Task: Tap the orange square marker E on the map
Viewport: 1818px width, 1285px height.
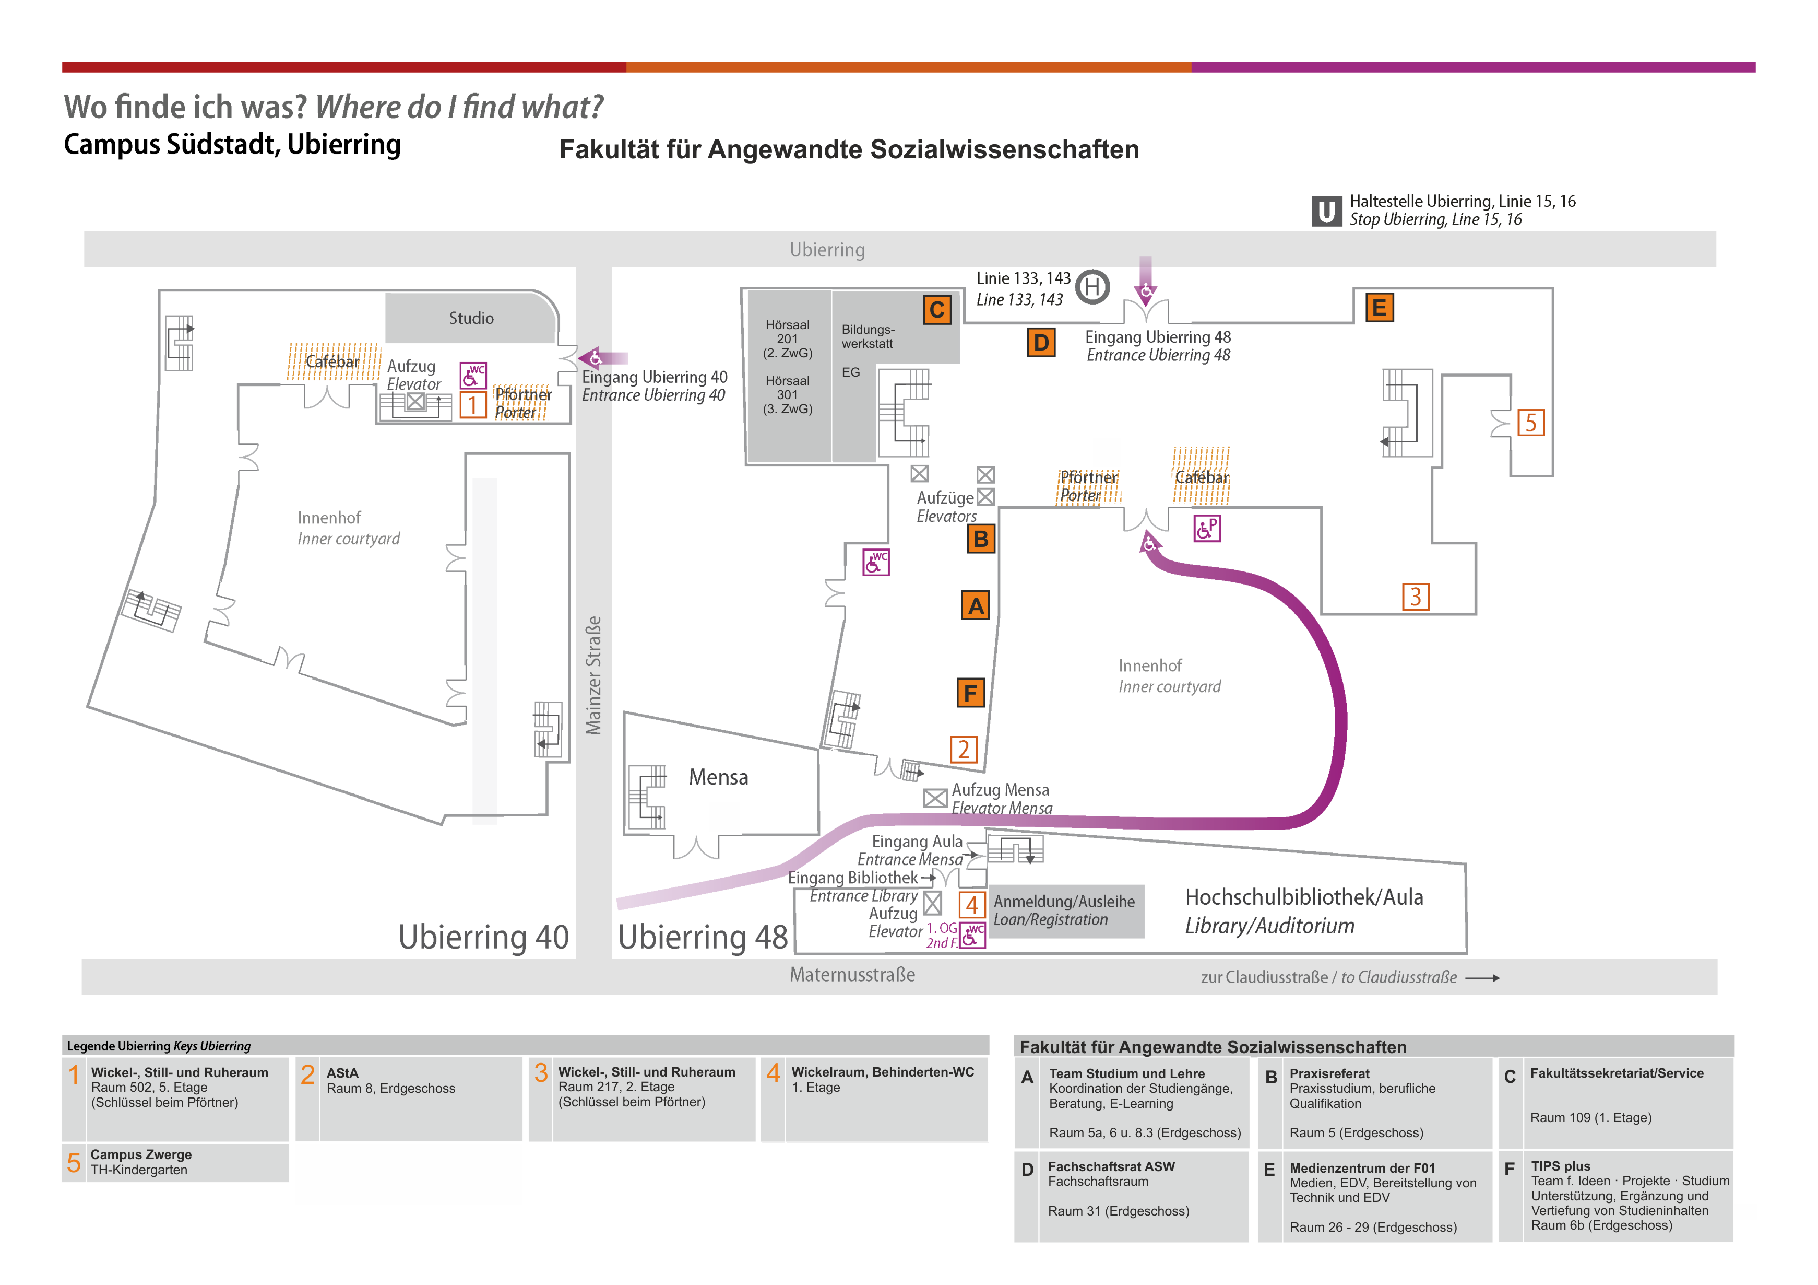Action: (x=1379, y=307)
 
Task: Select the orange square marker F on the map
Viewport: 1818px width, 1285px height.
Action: (x=970, y=693)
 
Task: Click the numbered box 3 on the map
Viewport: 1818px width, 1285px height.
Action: (x=1415, y=597)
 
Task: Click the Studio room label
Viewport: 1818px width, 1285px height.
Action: (x=471, y=318)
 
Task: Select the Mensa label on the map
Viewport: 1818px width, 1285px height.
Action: (x=718, y=777)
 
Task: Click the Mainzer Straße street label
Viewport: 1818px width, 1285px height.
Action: (x=593, y=675)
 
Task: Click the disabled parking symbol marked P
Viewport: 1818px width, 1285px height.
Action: (x=1207, y=529)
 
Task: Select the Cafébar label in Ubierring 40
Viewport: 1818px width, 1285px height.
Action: (x=332, y=362)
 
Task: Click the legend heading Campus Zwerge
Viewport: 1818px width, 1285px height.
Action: (x=141, y=1154)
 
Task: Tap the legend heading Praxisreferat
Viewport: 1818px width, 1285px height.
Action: (x=1329, y=1073)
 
